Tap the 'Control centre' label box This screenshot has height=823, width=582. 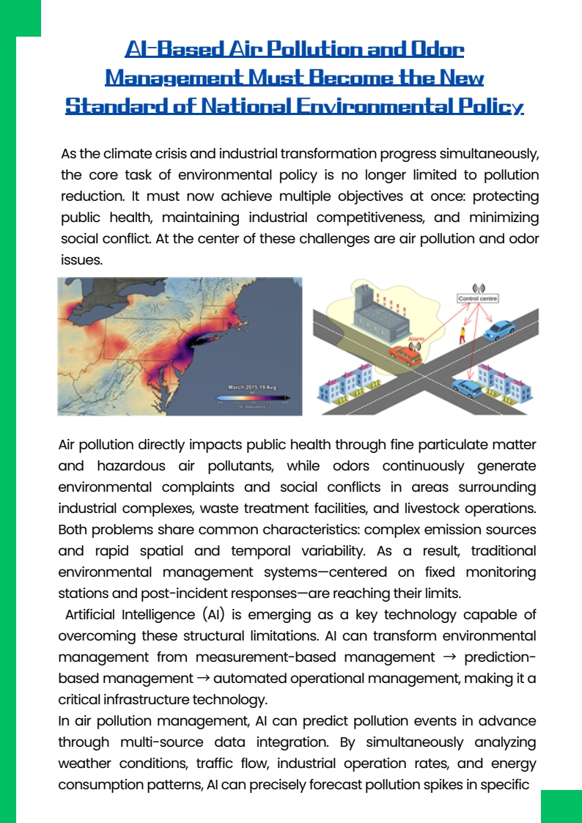pyautogui.click(x=478, y=299)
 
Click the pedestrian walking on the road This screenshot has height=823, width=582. pyautogui.click(x=462, y=336)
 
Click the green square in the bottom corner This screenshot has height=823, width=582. pyautogui.click(x=561, y=806)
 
